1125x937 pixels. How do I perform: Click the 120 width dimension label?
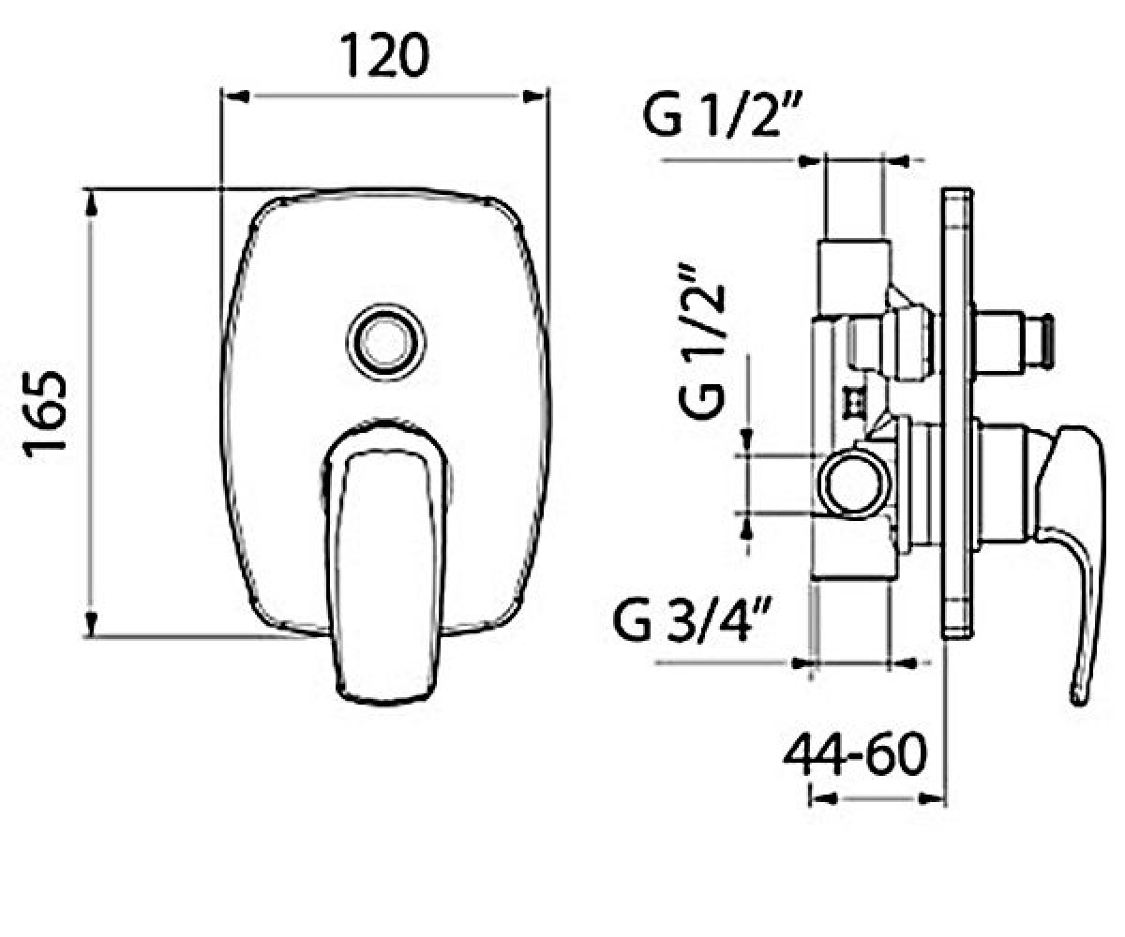point(385,55)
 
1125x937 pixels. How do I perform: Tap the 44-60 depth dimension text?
point(855,754)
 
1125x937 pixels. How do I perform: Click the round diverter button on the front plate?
point(385,341)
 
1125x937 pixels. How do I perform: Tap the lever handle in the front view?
point(385,561)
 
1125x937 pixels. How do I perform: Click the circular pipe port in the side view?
point(855,484)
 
